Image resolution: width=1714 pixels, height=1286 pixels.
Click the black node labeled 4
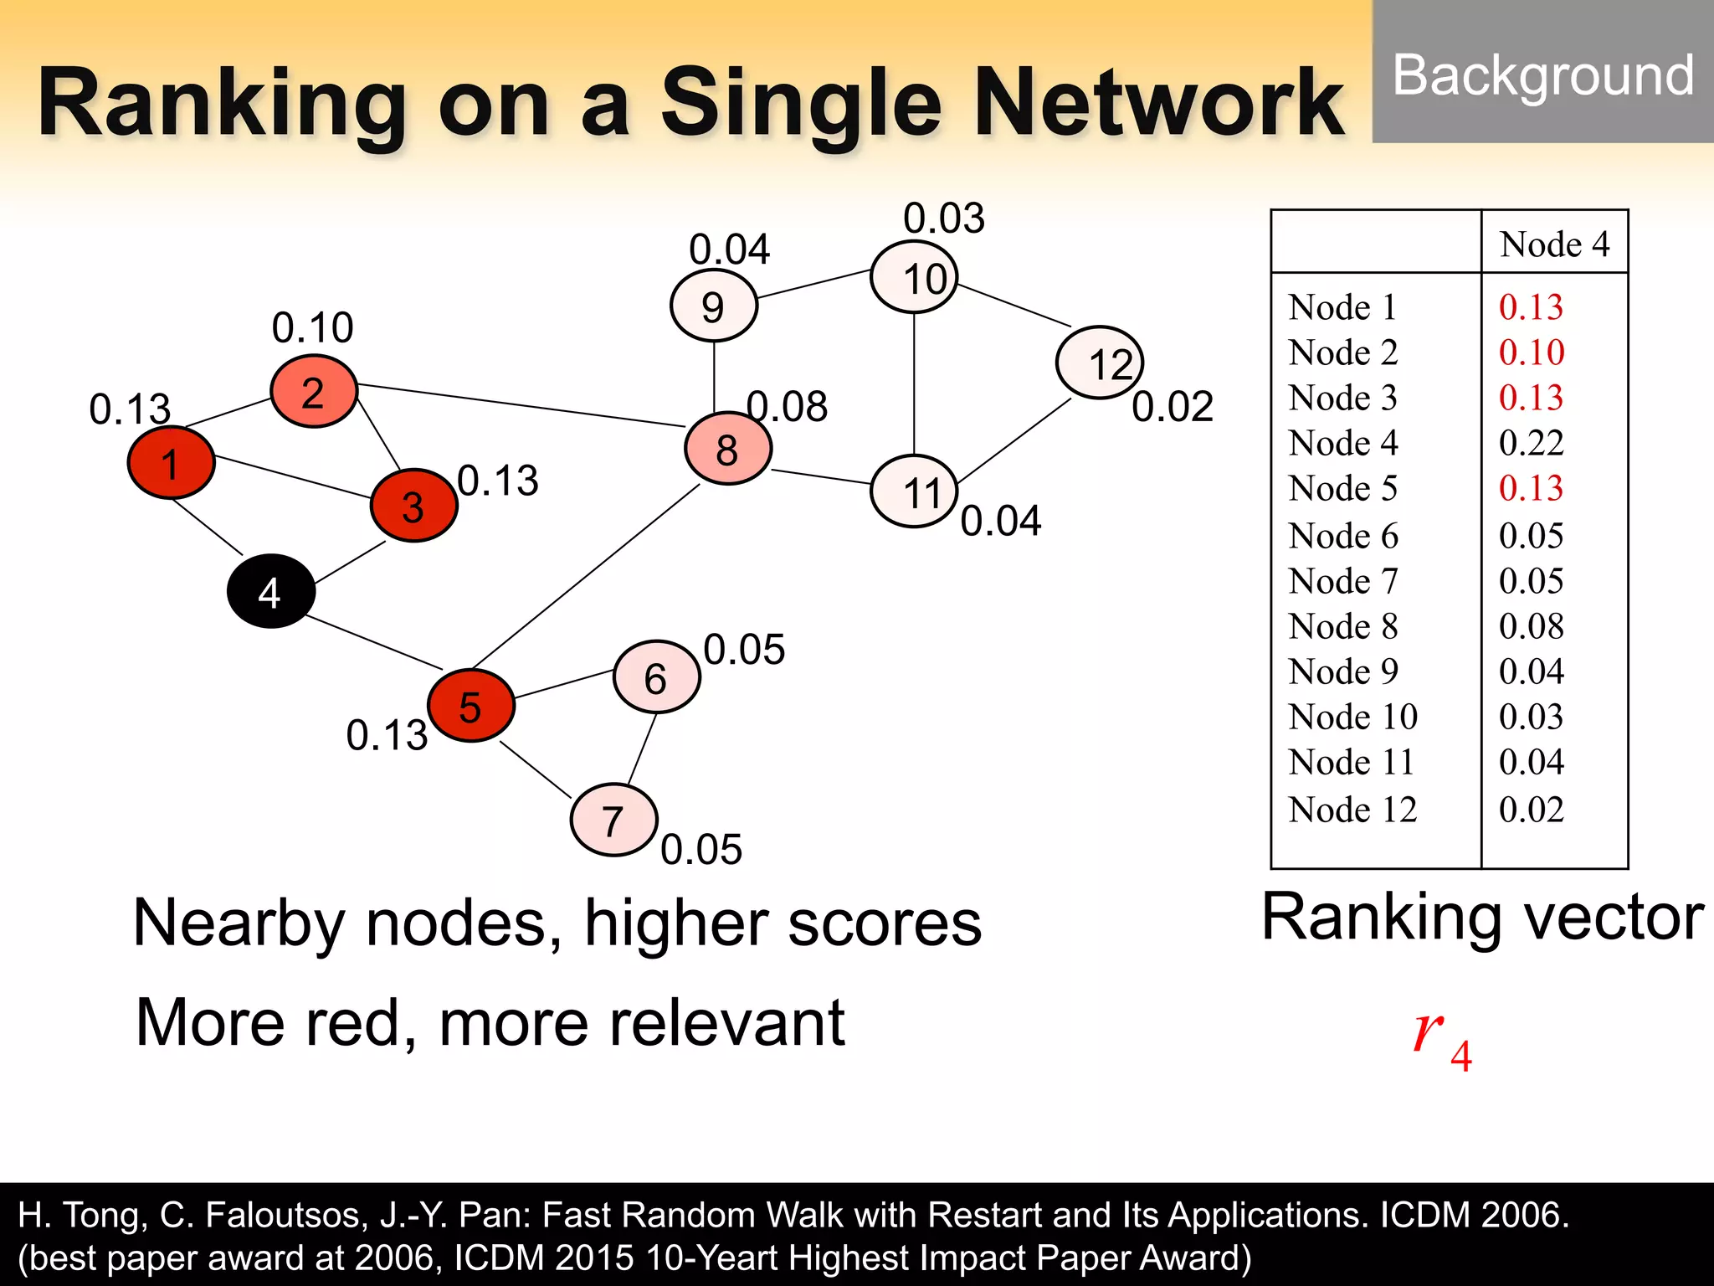point(270,591)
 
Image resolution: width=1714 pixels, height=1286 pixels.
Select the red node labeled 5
point(470,706)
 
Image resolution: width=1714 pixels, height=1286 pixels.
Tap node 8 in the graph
point(727,450)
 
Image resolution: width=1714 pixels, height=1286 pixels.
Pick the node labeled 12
point(1099,363)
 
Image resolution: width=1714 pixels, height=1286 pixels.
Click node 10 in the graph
point(914,277)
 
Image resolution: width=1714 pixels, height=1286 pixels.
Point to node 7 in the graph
point(613,820)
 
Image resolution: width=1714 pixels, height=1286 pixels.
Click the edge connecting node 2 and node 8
point(519,405)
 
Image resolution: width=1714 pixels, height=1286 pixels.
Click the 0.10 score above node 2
point(312,327)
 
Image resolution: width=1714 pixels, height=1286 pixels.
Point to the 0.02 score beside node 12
point(1173,407)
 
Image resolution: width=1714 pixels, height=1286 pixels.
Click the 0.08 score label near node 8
point(788,407)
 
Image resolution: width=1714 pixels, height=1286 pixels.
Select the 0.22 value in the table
point(1531,443)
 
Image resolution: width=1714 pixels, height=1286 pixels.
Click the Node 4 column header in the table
point(1554,244)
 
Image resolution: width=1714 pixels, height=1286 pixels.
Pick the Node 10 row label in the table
point(1352,717)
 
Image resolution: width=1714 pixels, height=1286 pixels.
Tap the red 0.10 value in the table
point(1531,352)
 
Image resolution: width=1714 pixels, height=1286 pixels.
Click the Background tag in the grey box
point(1542,75)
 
